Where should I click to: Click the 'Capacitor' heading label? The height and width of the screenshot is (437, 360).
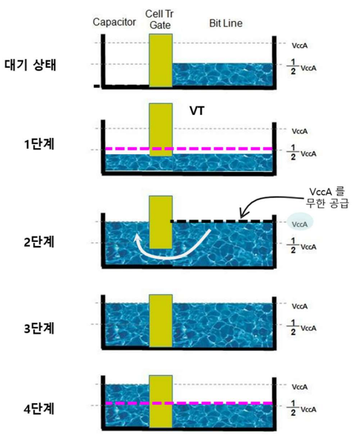114,22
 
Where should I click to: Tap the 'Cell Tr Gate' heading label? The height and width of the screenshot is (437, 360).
160,19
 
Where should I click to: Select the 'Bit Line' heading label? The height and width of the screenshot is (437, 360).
226,23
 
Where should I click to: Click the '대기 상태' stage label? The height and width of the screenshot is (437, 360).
31,65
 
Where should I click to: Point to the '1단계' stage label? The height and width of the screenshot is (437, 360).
39,144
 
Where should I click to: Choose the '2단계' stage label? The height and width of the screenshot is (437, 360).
39,242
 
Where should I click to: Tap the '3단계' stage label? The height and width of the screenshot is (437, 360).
39,328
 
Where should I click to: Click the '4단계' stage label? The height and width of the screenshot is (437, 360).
39,409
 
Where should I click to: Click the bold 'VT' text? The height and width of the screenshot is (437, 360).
197,111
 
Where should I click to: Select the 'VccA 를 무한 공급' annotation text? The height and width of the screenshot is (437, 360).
327,198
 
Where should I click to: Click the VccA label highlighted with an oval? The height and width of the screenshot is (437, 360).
300,224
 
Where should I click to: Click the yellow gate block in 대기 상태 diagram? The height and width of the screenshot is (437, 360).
161,60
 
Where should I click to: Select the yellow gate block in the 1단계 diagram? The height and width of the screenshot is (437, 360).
161,130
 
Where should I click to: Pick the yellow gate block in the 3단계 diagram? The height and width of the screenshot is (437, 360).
161,321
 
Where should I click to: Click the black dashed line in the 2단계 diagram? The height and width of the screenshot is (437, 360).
221,222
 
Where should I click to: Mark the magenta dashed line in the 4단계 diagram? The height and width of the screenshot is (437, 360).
189,403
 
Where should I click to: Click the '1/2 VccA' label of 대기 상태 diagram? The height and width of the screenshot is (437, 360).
302,67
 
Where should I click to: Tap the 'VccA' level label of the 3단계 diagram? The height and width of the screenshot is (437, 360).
300,307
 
